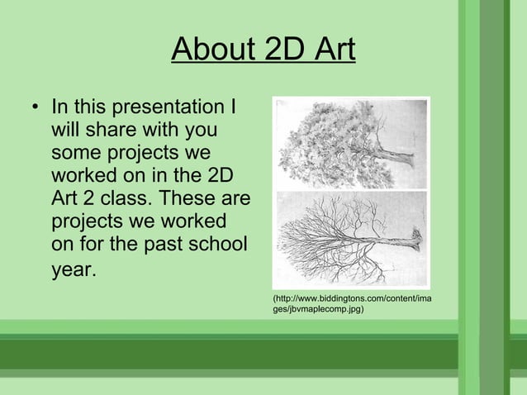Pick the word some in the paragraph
(x=76, y=154)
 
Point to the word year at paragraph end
(x=71, y=271)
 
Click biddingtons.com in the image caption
(x=335, y=297)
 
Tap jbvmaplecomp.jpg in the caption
(x=326, y=309)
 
